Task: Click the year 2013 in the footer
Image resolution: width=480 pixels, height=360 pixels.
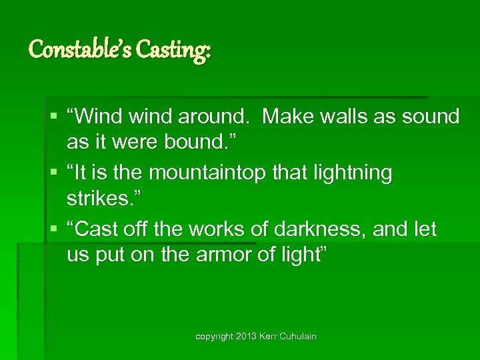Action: (x=245, y=337)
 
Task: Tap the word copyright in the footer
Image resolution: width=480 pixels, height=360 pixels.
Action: (x=213, y=337)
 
